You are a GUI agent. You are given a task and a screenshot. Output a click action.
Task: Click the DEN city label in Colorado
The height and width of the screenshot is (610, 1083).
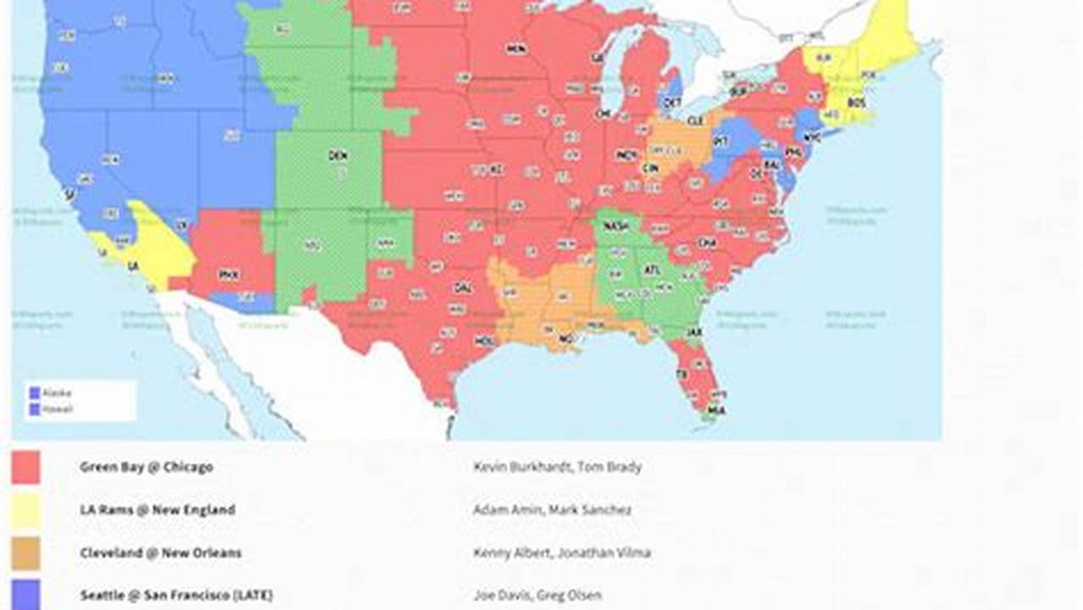[x=338, y=156]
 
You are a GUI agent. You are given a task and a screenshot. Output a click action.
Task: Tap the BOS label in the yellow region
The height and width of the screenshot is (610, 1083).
[x=856, y=103]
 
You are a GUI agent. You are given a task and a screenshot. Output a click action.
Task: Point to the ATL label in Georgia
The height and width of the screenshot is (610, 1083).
[x=651, y=270]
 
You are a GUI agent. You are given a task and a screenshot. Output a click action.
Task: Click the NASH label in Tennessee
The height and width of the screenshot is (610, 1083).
[x=616, y=227]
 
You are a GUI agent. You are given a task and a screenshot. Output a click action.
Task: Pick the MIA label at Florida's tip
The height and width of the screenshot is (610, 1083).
[x=716, y=410]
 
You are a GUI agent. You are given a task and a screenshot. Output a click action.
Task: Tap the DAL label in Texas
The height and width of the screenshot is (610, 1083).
[x=462, y=288]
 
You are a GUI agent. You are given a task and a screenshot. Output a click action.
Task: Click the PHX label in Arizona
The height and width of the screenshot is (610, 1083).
[x=229, y=274]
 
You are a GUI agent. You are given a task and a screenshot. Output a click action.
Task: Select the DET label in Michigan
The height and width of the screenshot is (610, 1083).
[x=672, y=102]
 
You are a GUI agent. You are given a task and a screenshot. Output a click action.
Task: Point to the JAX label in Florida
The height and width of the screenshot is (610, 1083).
[x=695, y=332]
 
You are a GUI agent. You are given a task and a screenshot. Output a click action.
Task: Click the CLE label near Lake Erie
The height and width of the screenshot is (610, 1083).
[x=695, y=121]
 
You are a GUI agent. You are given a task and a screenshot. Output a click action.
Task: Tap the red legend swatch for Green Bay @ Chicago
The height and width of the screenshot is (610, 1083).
[x=25, y=467]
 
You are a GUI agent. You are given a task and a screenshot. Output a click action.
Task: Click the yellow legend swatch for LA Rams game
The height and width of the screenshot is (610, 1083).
[x=25, y=510]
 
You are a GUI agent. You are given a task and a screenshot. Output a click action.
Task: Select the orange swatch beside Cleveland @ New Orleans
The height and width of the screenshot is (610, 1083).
[x=25, y=552]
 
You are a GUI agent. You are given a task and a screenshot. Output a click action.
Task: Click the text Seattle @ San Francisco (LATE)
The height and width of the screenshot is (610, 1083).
[x=176, y=596]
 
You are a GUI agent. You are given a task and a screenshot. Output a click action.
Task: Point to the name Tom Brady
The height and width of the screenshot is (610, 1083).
[x=610, y=467]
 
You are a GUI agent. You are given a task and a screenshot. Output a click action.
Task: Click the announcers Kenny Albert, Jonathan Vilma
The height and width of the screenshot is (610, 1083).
[x=561, y=552]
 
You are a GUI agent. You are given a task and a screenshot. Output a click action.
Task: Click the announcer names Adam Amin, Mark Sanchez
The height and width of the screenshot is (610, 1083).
[x=552, y=510]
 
